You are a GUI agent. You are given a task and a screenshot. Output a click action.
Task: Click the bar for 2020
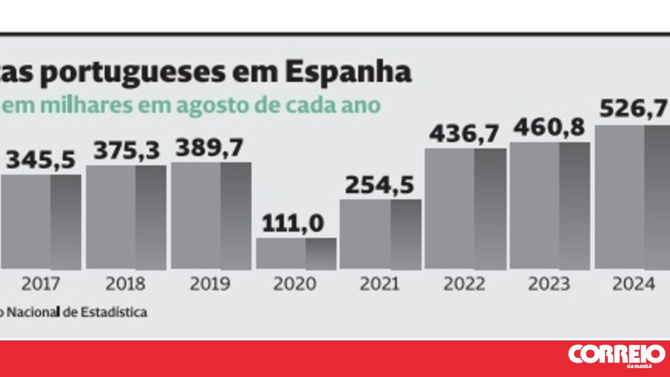click(x=296, y=254)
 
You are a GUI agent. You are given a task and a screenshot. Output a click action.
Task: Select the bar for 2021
click(x=381, y=235)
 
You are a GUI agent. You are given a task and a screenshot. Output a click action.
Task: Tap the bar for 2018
click(x=126, y=218)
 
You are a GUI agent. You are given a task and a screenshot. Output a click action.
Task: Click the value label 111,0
click(x=293, y=224)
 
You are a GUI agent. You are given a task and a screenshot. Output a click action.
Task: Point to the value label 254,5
click(x=379, y=186)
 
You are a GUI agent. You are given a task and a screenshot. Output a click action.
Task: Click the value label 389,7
click(x=209, y=148)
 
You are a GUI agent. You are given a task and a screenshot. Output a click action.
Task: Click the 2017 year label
click(x=41, y=284)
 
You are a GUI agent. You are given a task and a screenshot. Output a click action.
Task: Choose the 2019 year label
click(x=210, y=284)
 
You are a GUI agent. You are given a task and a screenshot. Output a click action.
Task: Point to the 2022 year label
click(x=464, y=284)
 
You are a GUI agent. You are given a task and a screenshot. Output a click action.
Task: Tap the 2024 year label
click(x=633, y=284)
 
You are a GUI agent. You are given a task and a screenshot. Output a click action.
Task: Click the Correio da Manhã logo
click(x=616, y=355)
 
